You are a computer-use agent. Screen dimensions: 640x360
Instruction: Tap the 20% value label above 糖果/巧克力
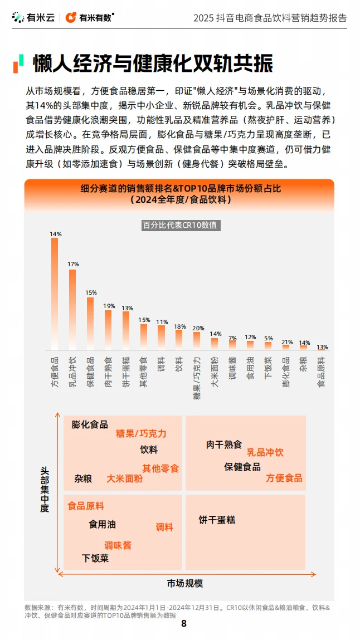pos(198,328)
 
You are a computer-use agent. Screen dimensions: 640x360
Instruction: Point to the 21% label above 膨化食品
pos(287,342)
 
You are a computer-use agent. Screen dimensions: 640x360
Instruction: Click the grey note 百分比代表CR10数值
pos(179,226)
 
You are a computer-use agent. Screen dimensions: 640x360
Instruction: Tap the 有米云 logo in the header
pos(33,18)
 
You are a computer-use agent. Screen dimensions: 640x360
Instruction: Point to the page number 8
pos(184,623)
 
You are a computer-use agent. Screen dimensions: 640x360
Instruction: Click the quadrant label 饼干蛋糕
pos(217,520)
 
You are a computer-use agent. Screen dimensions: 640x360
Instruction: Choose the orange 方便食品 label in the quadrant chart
pos(284,478)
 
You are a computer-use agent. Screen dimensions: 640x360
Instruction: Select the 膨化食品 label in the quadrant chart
pos(90,424)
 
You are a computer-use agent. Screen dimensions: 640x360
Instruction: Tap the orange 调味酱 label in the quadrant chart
pos(118,545)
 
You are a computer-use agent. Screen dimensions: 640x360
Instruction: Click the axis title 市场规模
pos(185,583)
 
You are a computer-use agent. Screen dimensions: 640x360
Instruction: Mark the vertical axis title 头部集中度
pos(45,490)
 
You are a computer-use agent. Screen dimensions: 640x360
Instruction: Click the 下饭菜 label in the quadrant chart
pos(95,558)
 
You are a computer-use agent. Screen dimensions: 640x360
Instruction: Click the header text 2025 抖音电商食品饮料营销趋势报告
pos(270,18)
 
